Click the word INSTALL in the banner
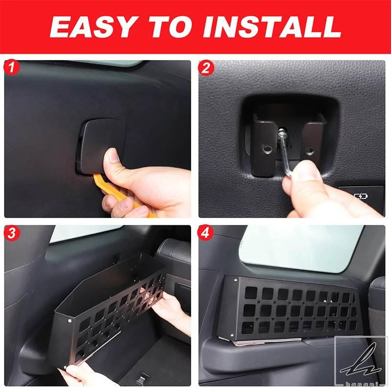click(x=272, y=27)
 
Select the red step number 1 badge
click(x=11, y=67)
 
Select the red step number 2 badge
click(x=206, y=67)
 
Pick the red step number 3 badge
click(x=11, y=234)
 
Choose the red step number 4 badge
click(x=205, y=234)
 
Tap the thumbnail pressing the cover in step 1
click(x=113, y=155)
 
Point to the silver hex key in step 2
click(x=286, y=155)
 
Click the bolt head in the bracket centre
click(x=282, y=131)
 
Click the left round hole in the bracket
click(x=267, y=150)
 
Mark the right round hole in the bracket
click(x=309, y=151)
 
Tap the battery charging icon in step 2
click(x=361, y=197)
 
